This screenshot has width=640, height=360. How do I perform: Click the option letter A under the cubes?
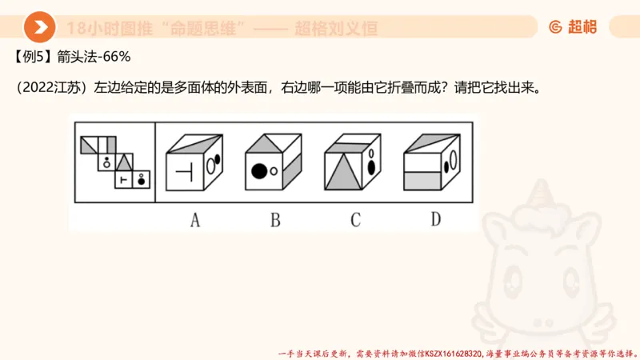pyautogui.click(x=194, y=218)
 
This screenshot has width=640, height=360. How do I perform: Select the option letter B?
pyautogui.click(x=274, y=218)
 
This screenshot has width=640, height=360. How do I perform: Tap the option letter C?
pyautogui.click(x=355, y=218)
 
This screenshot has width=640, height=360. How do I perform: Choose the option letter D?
pyautogui.click(x=435, y=218)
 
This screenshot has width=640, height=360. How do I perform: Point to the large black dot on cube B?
pyautogui.click(x=258, y=170)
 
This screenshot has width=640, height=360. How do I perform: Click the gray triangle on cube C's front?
pyautogui.click(x=342, y=170)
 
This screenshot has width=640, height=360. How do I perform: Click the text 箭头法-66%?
pyautogui.click(x=99, y=57)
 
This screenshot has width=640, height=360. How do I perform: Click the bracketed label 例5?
pyautogui.click(x=34, y=57)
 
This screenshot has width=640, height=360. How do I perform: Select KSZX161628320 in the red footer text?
pyautogui.click(x=453, y=353)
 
